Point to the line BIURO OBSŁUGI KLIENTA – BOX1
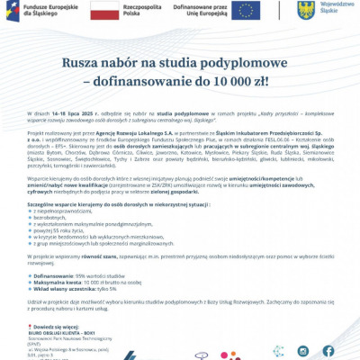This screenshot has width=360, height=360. [x=70, y=334]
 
